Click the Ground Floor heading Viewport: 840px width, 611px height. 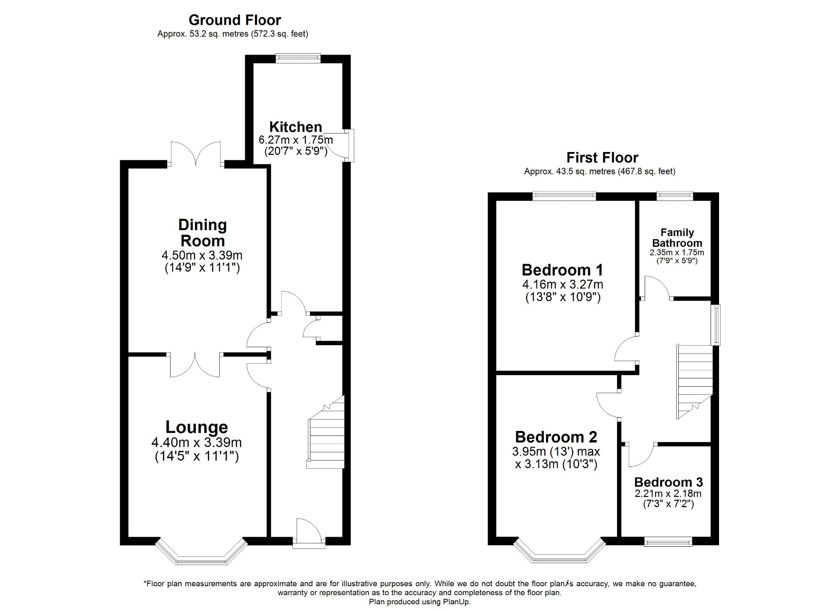pos(235,20)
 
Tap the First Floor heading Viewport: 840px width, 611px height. pos(602,157)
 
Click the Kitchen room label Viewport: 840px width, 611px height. pos(295,127)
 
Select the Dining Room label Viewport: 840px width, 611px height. pos(202,233)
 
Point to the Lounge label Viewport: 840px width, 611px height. pos(197,427)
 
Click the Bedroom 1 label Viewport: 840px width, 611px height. pos(562,270)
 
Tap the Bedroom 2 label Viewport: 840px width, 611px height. pos(556,437)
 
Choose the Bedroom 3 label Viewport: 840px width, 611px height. pos(668,482)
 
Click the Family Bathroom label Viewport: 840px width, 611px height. pos(677,238)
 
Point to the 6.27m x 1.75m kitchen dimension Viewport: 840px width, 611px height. pos(295,140)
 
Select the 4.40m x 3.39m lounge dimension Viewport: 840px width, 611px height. pos(197,443)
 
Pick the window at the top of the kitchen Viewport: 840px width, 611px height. pos(298,59)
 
